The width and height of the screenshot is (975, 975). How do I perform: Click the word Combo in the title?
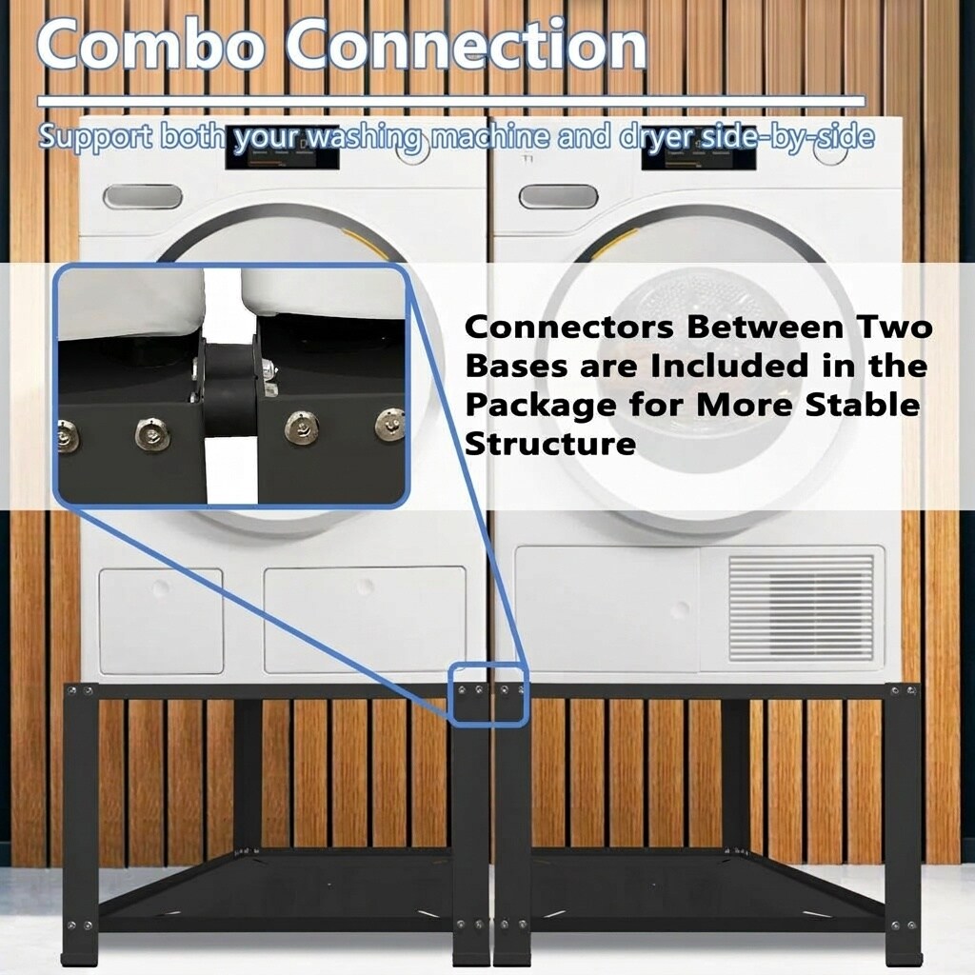149,45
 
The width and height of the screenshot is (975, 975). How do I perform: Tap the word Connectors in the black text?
569,328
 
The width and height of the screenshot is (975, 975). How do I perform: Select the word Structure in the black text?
550,444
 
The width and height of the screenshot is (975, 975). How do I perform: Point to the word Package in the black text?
541,406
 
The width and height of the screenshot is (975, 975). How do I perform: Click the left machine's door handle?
143,197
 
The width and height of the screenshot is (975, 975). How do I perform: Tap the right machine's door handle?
558,197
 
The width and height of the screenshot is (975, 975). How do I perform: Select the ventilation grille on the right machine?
801,607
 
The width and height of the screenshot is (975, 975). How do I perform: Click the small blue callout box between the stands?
489,694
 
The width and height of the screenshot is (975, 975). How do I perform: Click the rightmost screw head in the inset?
390,426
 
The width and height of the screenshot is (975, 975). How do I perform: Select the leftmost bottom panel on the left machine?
161,621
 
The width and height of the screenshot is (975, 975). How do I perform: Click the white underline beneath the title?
450,101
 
